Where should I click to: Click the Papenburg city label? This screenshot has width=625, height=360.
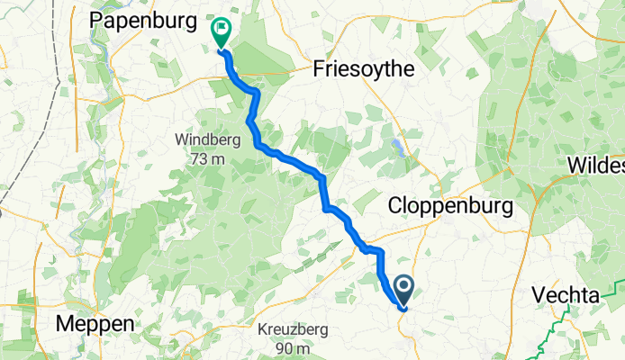(x=144, y=21)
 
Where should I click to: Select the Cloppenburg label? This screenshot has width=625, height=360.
(x=450, y=206)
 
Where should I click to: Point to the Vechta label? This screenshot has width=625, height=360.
(x=565, y=295)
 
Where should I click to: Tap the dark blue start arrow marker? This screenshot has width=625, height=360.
(x=402, y=289)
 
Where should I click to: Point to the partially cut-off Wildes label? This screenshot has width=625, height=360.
(x=596, y=166)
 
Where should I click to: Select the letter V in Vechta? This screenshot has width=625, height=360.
(x=538, y=295)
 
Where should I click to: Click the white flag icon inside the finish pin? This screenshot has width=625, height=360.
(x=221, y=29)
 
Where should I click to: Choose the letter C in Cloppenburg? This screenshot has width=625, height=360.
(x=394, y=206)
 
